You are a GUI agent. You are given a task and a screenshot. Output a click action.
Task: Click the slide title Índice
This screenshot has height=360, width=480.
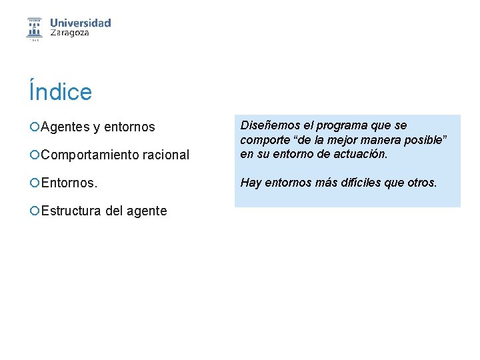60,91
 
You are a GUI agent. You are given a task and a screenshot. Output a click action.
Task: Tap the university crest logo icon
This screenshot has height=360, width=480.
34,28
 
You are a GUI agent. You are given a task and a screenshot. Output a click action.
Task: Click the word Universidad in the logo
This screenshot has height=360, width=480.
80,23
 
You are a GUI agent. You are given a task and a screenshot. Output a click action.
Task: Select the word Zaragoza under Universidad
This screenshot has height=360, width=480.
70,33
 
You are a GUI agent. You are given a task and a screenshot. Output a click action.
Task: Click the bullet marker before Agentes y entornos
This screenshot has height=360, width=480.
34,127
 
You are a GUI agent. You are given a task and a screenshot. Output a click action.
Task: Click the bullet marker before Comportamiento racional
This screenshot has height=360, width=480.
34,155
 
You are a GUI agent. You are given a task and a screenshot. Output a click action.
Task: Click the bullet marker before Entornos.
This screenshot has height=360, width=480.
34,183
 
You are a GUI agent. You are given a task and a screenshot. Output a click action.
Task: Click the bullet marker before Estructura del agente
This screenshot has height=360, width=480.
34,211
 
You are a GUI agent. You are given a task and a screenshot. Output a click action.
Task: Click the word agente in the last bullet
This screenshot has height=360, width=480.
146,211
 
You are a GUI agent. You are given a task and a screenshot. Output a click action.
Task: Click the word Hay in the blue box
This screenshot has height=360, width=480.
251,182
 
